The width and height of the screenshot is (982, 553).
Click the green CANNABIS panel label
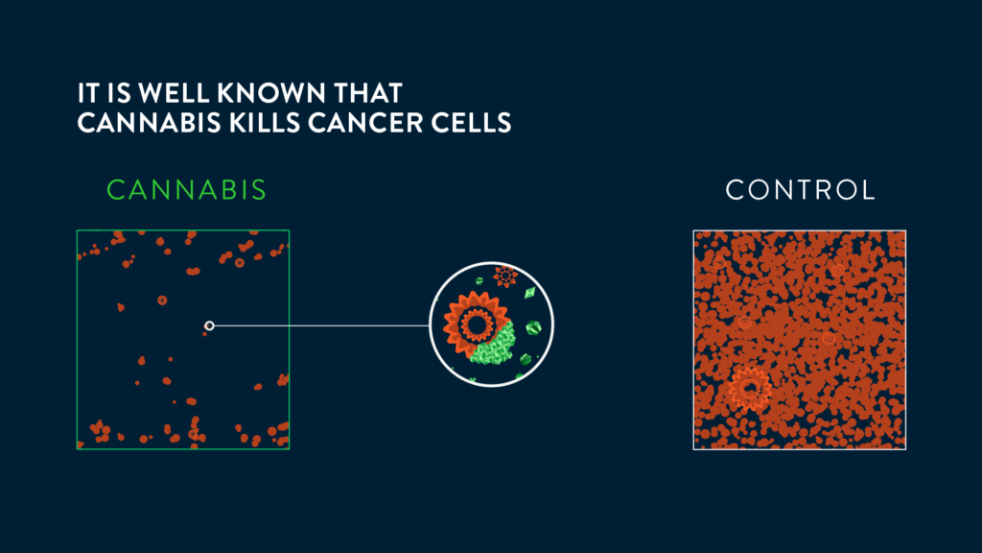(x=187, y=190)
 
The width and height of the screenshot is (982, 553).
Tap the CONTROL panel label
(x=800, y=190)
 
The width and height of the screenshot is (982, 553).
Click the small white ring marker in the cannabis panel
(x=209, y=325)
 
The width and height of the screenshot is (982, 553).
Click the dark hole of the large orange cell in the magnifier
(x=478, y=325)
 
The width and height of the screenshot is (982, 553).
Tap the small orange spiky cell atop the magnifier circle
(x=504, y=276)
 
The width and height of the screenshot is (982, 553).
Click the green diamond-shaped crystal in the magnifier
(x=530, y=292)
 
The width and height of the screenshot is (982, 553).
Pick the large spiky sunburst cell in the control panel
(x=749, y=389)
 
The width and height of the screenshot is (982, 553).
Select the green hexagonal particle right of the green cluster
(x=533, y=328)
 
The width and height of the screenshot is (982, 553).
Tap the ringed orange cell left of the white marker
(x=162, y=301)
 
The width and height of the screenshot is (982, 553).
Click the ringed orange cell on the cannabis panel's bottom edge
(x=193, y=434)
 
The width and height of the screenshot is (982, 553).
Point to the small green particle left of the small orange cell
(x=479, y=281)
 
